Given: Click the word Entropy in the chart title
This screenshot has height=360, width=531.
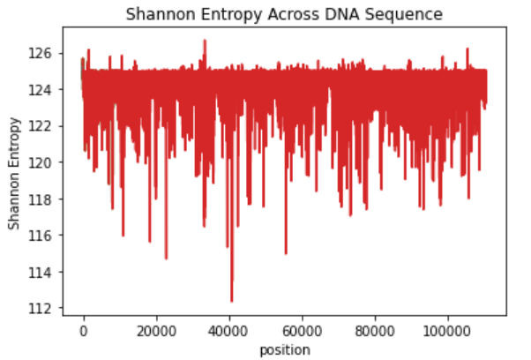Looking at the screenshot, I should [x=229, y=15].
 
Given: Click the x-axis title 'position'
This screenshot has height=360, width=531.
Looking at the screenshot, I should [x=284, y=350].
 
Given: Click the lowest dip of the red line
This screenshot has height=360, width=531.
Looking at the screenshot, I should [x=232, y=301].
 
